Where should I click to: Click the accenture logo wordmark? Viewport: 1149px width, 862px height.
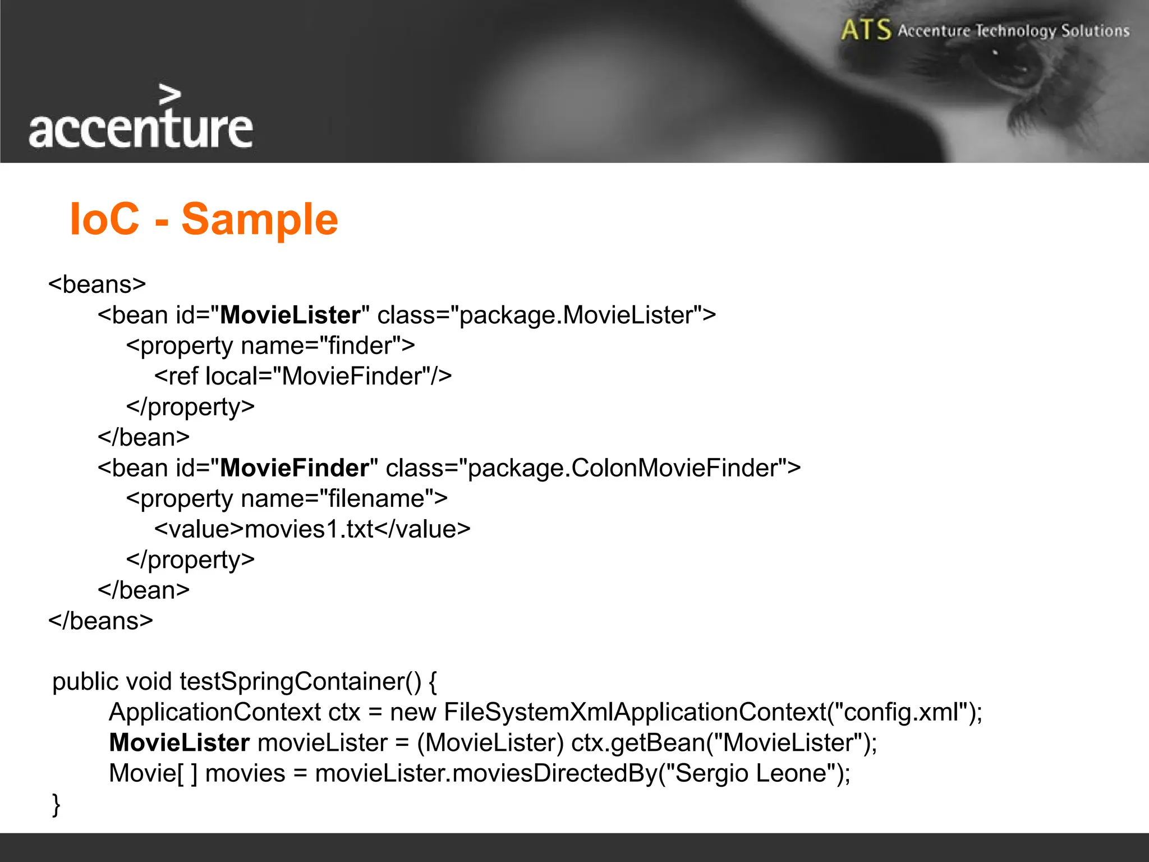(x=141, y=129)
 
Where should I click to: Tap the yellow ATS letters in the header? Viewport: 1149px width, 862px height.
(x=866, y=30)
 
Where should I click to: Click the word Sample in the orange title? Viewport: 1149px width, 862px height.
(x=260, y=219)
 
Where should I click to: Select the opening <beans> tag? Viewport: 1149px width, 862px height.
(x=97, y=284)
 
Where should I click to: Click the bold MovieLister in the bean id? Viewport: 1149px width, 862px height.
(x=290, y=315)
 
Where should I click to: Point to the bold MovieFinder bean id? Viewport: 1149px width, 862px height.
(x=295, y=468)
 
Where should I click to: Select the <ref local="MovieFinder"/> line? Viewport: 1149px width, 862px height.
(x=303, y=376)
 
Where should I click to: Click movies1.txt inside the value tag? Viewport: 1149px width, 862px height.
(x=309, y=529)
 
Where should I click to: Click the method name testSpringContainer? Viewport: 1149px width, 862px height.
(x=292, y=681)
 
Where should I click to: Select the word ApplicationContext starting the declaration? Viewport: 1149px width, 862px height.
(x=215, y=712)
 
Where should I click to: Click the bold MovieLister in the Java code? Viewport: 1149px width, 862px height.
(x=179, y=743)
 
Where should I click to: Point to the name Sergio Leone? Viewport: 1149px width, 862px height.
(x=751, y=773)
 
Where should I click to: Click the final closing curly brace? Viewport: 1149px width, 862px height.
(x=56, y=804)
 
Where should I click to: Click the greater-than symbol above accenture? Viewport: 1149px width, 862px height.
(x=170, y=95)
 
